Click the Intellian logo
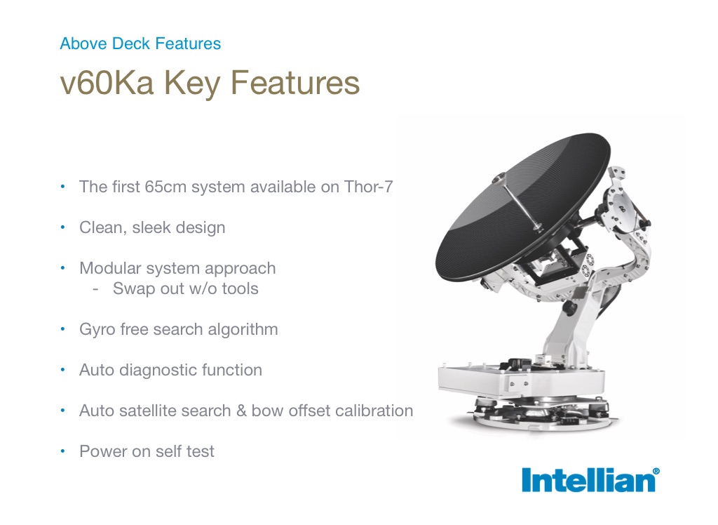590,480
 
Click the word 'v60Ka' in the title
107,83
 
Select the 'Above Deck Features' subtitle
140,44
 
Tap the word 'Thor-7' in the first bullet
368,187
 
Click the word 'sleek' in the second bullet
153,227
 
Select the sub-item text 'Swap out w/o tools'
186,288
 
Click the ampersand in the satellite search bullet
241,411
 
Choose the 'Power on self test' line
147,451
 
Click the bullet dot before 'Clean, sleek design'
62,227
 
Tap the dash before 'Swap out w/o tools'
95,289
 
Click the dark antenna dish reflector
522,206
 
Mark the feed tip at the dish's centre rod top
499,178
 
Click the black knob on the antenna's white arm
569,307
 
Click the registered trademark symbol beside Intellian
656,471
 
